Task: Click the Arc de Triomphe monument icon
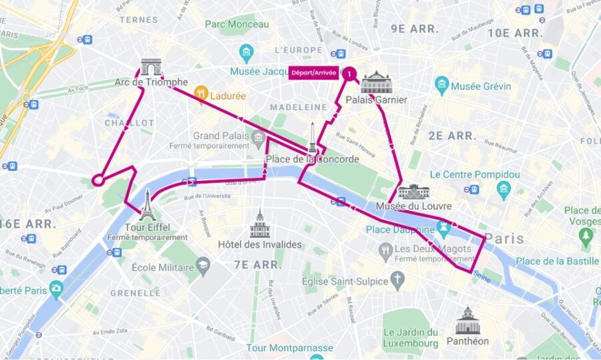click(151, 67)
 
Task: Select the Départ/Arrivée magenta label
click(313, 73)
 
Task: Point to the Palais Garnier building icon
click(375, 82)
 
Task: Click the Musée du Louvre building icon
click(414, 192)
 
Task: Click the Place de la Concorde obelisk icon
click(312, 138)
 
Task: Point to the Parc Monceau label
click(236, 24)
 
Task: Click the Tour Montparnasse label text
click(289, 348)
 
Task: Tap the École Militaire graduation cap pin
click(203, 267)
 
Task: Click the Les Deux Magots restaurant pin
click(385, 250)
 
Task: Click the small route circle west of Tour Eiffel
click(97, 180)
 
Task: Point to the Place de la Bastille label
click(557, 261)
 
